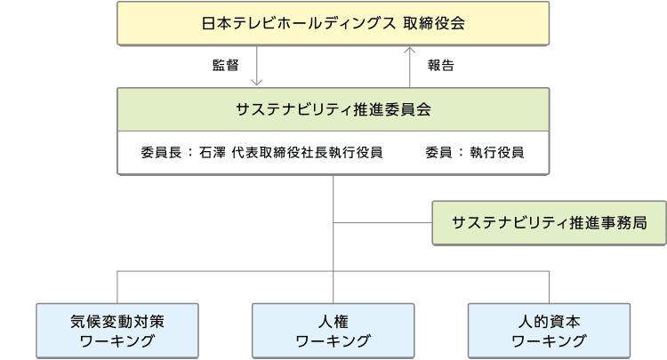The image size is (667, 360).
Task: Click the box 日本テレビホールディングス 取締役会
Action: [333, 23]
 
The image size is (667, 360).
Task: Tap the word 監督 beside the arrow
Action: [225, 65]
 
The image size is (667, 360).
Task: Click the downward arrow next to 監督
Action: [255, 66]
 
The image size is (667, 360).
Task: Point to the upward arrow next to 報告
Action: [409, 65]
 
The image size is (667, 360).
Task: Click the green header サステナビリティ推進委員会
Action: [333, 110]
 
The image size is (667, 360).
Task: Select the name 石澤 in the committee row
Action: [213, 152]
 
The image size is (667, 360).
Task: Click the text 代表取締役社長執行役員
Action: [307, 152]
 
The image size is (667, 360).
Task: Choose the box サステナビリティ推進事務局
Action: [548, 222]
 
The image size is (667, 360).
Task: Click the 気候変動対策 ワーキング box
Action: [117, 331]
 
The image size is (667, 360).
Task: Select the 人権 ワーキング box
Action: [333, 331]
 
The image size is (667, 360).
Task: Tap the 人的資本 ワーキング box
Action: [549, 331]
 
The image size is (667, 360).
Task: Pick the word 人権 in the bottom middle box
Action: [333, 321]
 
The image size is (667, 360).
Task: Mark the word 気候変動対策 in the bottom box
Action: [117, 321]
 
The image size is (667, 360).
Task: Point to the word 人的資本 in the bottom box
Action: [549, 321]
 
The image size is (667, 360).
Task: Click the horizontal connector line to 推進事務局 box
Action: [382, 222]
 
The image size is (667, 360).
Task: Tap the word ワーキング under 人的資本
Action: [549, 341]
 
